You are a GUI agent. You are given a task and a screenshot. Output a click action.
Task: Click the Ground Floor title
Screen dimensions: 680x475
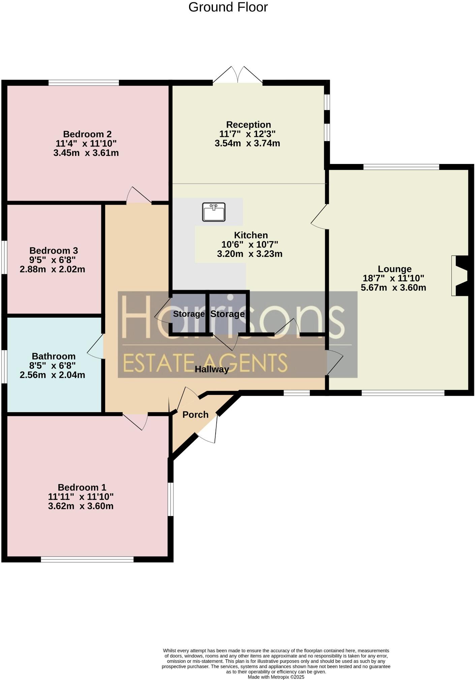coord(228,7)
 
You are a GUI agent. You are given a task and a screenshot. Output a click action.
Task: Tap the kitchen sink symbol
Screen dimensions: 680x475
coord(214,212)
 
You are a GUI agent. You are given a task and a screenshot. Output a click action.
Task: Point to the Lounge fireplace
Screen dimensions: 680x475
coord(460,276)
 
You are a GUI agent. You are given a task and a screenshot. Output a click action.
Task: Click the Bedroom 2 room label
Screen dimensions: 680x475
coord(87,134)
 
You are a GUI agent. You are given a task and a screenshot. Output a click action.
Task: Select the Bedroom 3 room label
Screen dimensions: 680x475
coord(54,251)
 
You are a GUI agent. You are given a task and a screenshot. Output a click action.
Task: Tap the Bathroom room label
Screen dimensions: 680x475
coord(54,356)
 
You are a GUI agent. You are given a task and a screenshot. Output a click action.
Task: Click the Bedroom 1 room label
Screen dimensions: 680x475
coord(82,487)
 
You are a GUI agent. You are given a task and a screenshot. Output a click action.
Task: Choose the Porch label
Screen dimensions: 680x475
coord(195,415)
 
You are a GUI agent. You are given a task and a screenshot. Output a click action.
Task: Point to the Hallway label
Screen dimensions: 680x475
coord(212,369)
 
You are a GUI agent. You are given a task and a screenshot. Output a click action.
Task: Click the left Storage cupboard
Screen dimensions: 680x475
coord(189,314)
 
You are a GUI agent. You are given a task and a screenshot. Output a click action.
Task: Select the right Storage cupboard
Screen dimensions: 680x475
coord(227,314)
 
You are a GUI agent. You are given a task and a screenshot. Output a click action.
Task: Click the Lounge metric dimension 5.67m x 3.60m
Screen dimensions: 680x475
coord(393,288)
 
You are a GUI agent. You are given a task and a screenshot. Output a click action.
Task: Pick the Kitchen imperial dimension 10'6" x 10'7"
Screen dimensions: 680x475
coord(250,244)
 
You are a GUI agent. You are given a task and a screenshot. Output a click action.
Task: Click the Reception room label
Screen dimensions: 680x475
coord(248,124)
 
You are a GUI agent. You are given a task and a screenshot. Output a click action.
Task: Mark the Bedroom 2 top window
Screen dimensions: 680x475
coord(84,82)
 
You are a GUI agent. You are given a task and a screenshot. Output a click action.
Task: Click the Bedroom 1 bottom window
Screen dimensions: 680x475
coord(87,559)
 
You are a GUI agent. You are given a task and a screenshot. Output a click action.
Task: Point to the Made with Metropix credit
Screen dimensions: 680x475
coord(276,677)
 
